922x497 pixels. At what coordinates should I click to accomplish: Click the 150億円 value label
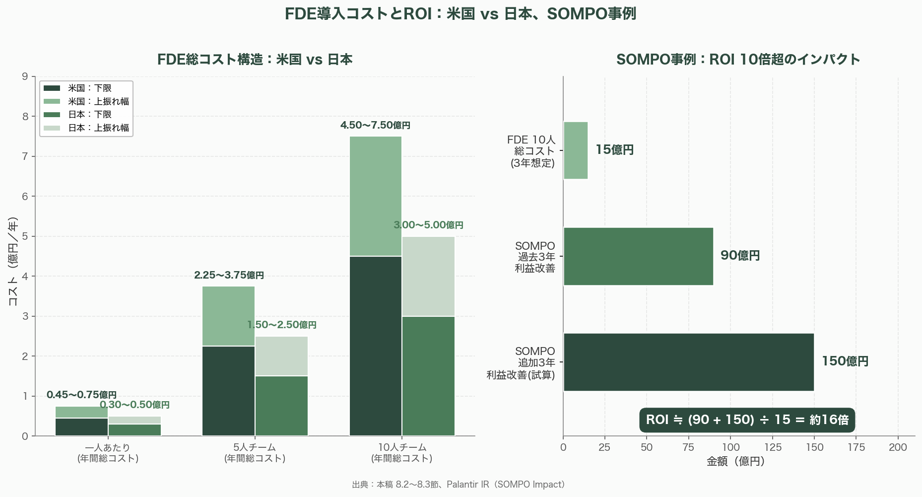point(845,361)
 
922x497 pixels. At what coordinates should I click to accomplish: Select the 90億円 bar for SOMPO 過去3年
point(638,256)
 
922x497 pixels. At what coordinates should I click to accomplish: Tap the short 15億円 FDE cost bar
point(576,150)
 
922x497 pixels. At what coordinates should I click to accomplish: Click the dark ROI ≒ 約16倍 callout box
point(747,420)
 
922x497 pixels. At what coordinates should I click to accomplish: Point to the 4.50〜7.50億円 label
point(375,126)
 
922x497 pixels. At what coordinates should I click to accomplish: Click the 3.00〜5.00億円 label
point(428,225)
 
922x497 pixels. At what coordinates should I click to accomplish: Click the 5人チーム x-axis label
point(255,452)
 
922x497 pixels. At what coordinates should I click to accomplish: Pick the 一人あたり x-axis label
point(108,452)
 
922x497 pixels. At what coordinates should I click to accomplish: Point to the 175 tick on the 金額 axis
point(856,447)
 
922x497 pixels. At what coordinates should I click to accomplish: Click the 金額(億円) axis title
point(735,462)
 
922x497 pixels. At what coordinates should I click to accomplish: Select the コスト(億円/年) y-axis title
point(13,261)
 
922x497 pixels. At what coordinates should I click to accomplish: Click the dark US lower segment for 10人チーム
point(375,346)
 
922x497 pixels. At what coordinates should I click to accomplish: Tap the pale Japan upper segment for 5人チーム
point(281,356)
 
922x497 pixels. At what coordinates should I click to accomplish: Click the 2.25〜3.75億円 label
point(229,276)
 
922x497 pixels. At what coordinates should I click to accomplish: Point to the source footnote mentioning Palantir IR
point(458,485)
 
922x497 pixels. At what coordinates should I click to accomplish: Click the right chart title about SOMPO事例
point(738,60)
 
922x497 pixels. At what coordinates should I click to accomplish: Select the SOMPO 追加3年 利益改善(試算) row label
point(521,363)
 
